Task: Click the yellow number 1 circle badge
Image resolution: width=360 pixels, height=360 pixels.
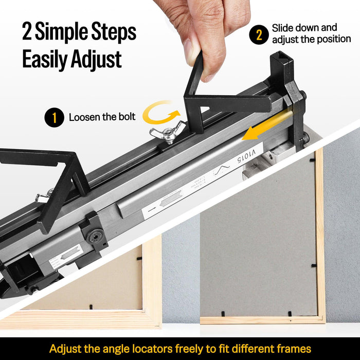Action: coord(55,117)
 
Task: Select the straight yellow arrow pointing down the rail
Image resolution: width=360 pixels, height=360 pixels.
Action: coord(262,127)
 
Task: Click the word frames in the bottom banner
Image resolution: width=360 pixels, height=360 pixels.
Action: coord(292,349)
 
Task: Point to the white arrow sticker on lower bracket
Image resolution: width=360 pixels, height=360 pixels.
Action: coord(66,256)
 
